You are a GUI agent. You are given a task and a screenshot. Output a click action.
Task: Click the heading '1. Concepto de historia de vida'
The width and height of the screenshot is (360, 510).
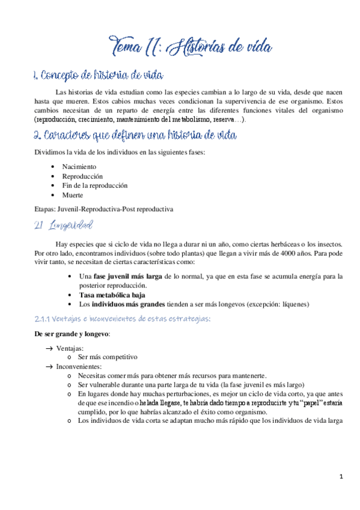[x=97, y=76]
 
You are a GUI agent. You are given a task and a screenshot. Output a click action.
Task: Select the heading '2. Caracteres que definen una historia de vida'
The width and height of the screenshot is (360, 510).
[x=135, y=135]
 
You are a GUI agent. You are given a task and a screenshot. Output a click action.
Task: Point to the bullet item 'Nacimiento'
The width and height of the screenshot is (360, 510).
[x=79, y=167]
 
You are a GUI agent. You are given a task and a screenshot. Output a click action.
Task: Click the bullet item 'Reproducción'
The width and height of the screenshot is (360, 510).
[x=82, y=176]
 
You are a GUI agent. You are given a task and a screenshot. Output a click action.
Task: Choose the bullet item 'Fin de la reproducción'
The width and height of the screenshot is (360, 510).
[x=95, y=186]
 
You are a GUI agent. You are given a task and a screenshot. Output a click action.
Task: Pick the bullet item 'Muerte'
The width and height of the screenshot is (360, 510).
[x=73, y=195]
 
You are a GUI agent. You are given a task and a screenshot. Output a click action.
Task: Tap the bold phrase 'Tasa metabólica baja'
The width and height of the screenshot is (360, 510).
[x=112, y=295]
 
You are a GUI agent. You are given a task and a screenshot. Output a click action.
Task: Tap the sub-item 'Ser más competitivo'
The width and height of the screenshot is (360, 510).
[x=108, y=357]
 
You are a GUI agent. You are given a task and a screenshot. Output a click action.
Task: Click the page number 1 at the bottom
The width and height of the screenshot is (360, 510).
[x=341, y=477]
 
